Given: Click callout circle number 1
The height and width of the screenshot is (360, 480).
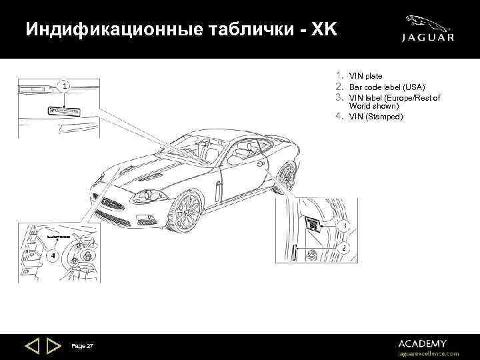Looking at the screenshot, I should (63, 87).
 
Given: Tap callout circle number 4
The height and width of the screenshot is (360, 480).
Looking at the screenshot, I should (51, 257).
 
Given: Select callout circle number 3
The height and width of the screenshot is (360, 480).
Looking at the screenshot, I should (343, 227).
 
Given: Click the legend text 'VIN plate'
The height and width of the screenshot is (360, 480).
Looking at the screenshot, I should (365, 77).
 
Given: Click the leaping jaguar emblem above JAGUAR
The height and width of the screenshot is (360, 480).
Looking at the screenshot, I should (430, 21).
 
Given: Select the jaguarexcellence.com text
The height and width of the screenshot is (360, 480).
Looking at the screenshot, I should (428, 353).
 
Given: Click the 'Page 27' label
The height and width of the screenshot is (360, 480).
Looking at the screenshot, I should (82, 345).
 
